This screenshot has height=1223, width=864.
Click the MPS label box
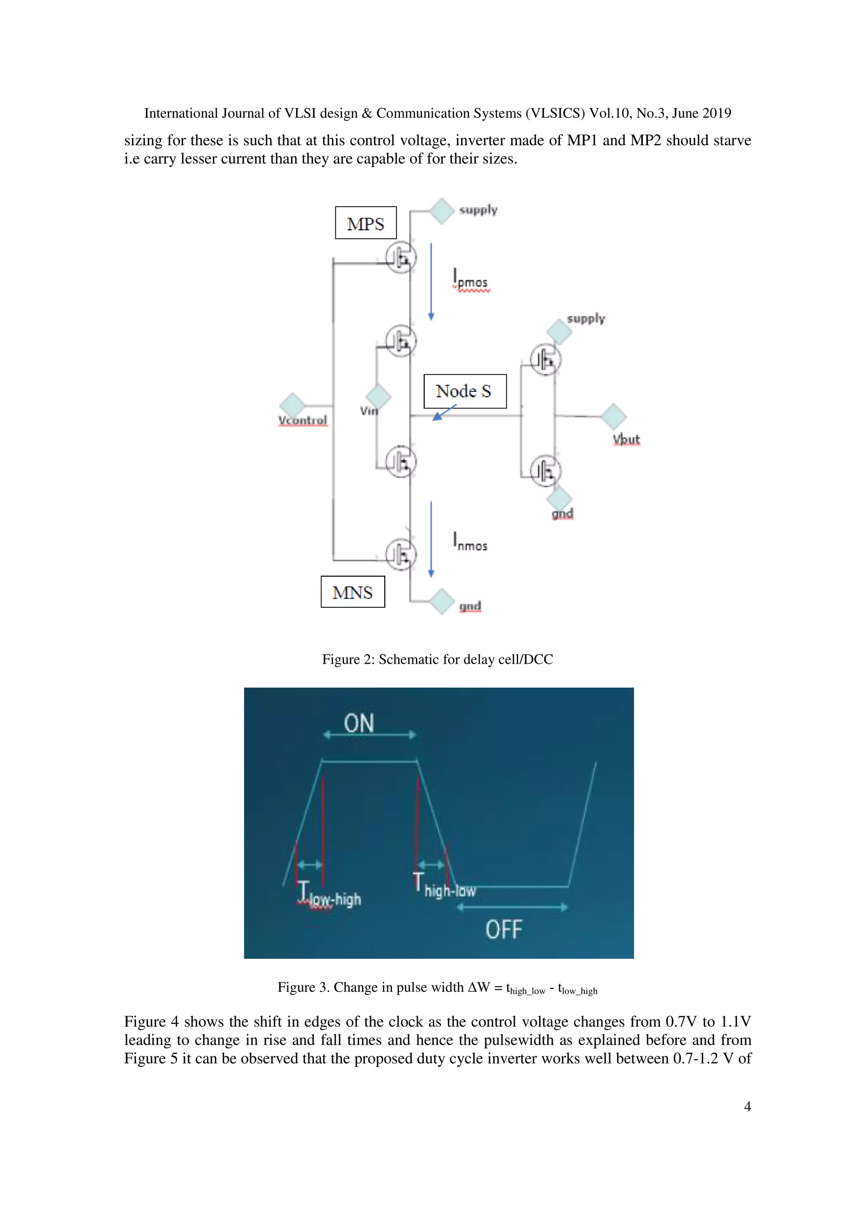365,223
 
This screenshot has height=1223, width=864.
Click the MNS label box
352,592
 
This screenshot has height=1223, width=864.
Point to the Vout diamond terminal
614,416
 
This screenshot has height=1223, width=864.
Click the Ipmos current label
470,279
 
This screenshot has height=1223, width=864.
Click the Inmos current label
470,542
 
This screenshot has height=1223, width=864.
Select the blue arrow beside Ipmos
431,281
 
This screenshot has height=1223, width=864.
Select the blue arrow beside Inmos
431,539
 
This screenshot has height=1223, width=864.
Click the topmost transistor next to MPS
401,258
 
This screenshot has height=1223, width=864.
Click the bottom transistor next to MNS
401,555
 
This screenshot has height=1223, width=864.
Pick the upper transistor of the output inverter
545,360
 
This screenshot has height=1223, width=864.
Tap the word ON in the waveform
359,723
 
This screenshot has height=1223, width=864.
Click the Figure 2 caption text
437,660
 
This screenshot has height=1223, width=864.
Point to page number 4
747,1107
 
